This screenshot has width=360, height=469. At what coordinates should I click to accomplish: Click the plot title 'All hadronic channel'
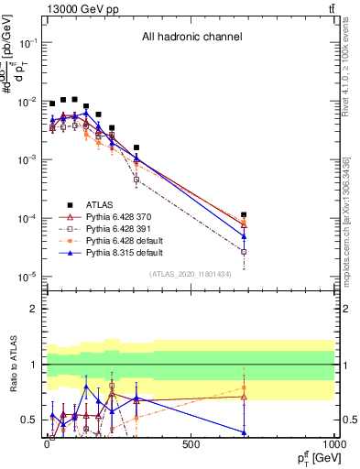pyautogui.click(x=191, y=37)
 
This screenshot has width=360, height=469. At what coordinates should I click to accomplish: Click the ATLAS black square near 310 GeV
pyautogui.click(x=136, y=147)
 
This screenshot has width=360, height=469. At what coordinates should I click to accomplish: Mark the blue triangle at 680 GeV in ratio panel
pyautogui.click(x=244, y=432)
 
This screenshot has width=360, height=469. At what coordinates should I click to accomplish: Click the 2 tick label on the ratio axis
pyautogui.click(x=33, y=309)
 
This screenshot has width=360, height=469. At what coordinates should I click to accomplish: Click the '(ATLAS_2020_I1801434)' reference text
pyautogui.click(x=191, y=274)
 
